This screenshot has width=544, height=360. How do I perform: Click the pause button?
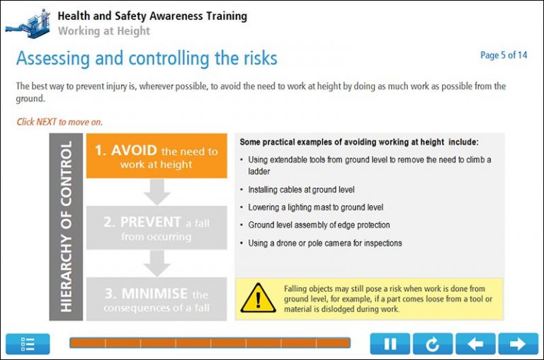tap(390, 344)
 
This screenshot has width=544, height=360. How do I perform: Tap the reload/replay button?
tap(432, 344)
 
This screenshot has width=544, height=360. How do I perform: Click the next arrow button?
tap(518, 344)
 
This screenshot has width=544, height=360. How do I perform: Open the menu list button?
tap(28, 344)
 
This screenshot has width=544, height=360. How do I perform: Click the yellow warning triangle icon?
tap(258, 298)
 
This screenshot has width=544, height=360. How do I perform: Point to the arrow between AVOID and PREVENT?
tap(157, 192)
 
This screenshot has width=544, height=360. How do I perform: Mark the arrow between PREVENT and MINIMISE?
tap(157, 264)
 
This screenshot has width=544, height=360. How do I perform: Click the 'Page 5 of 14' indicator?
tap(504, 55)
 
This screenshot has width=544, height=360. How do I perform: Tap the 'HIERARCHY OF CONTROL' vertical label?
tap(66, 227)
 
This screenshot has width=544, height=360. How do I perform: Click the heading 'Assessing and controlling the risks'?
tap(147, 58)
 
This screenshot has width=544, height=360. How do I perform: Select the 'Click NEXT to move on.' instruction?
tap(59, 122)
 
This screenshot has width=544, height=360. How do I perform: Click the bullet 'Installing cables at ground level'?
tap(301, 190)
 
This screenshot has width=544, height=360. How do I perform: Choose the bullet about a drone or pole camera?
tap(324, 243)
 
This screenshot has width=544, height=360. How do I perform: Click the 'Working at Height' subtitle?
tap(103, 30)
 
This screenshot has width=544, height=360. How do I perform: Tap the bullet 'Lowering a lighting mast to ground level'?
tap(315, 208)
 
